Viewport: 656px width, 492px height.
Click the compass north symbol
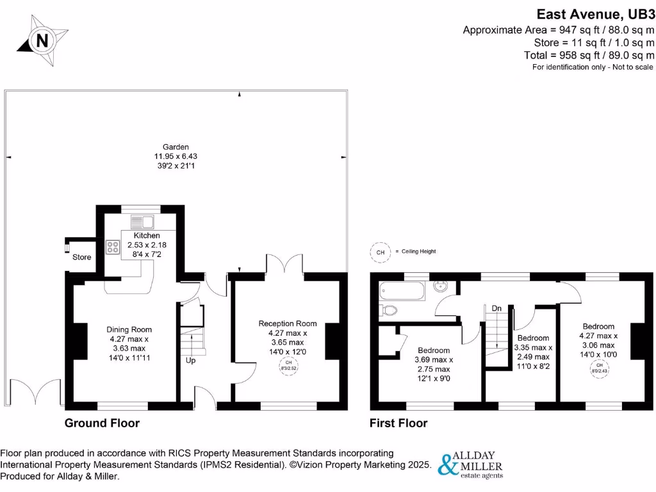click(x=42, y=41)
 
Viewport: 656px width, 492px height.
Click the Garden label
click(x=176, y=147)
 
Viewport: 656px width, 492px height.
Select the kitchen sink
click(x=143, y=222)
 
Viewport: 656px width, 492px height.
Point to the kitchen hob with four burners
click(x=114, y=247)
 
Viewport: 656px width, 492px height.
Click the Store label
click(x=81, y=257)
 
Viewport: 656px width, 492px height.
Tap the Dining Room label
click(x=129, y=329)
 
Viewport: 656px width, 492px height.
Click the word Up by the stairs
click(x=190, y=361)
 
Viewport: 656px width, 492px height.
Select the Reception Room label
click(x=288, y=324)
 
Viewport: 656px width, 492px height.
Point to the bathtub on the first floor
click(x=402, y=291)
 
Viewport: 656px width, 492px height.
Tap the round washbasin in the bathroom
click(x=441, y=286)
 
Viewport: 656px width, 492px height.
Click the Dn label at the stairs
click(x=496, y=308)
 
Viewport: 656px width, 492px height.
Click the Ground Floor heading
click(x=102, y=423)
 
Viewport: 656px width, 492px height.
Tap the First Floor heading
click(x=398, y=423)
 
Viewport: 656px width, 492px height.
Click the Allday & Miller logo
click(x=470, y=464)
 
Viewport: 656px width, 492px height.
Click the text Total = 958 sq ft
click(x=589, y=55)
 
